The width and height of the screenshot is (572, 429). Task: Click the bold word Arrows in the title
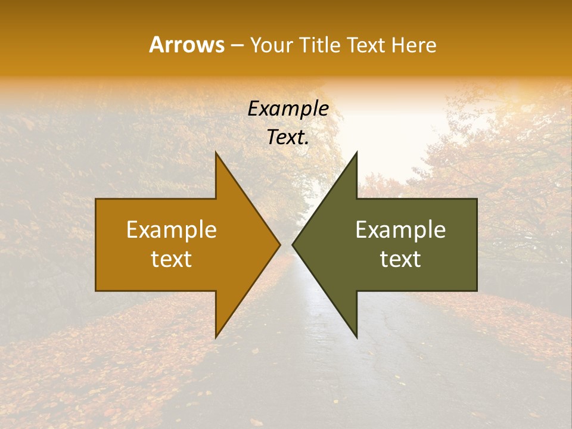(x=186, y=45)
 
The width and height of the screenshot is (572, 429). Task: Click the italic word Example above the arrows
(x=288, y=109)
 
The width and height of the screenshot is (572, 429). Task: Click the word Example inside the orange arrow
(x=172, y=230)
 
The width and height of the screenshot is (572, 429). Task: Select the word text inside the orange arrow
(x=172, y=259)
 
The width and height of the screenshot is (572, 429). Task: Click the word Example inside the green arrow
(x=400, y=230)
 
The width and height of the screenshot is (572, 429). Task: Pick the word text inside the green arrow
(x=400, y=259)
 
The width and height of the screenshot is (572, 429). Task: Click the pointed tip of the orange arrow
(x=279, y=244)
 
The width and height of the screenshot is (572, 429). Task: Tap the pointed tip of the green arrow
(x=293, y=244)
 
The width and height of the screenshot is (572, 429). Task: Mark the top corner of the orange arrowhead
(x=216, y=153)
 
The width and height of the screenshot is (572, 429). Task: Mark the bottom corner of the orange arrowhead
(x=216, y=337)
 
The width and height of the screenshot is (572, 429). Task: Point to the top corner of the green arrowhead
(x=356, y=153)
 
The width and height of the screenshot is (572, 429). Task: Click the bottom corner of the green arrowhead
(x=356, y=337)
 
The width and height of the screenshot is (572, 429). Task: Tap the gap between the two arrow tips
(x=286, y=244)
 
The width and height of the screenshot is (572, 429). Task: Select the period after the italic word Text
(x=307, y=144)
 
